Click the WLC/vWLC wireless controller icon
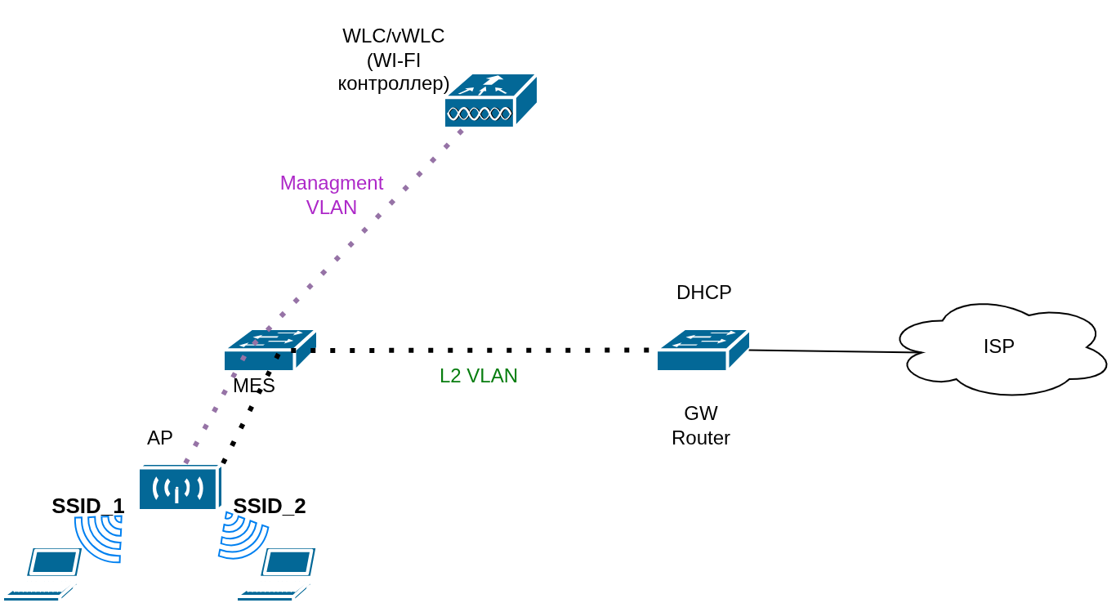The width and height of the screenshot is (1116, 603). (x=490, y=100)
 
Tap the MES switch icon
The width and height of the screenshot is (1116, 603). (x=270, y=350)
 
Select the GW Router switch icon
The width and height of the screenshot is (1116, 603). (x=703, y=350)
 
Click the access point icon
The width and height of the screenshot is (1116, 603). (x=180, y=488)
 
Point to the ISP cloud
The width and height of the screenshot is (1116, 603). (x=1001, y=348)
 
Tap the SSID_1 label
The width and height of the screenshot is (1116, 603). (x=88, y=506)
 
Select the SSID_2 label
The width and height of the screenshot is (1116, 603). (x=270, y=506)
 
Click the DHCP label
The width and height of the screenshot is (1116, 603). (x=703, y=293)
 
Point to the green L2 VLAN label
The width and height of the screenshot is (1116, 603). (x=479, y=376)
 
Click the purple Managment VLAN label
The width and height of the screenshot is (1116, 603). (x=332, y=194)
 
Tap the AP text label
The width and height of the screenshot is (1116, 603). (x=160, y=438)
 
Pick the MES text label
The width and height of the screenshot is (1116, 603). (x=254, y=386)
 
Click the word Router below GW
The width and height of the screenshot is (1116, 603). (x=701, y=438)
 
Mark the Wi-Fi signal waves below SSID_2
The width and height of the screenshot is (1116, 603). (x=241, y=537)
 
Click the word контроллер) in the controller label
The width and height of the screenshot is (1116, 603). (x=394, y=83)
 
